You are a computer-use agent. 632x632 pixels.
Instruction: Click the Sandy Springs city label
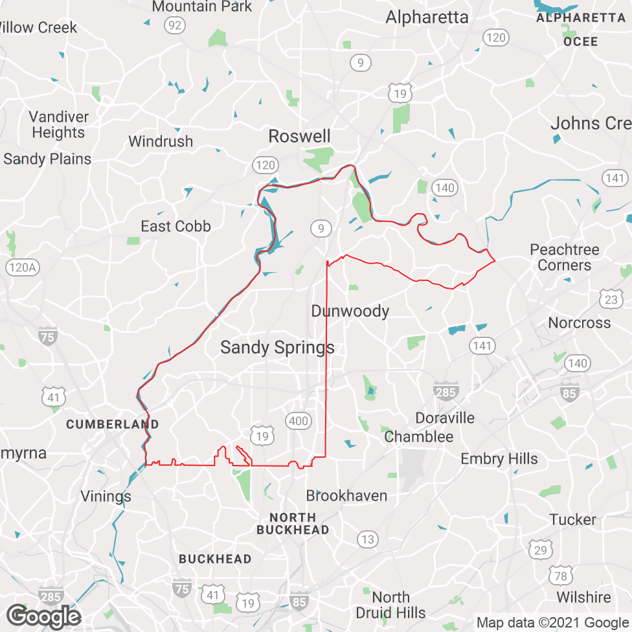point(277,348)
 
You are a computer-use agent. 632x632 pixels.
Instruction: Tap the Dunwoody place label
point(350,311)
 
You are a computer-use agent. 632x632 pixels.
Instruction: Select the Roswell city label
point(299,137)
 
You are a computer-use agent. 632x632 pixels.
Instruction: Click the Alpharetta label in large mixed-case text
point(427,17)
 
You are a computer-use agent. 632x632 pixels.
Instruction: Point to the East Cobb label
point(175,227)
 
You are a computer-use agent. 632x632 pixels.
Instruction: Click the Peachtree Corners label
point(564,257)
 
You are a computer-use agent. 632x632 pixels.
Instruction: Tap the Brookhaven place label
point(346,496)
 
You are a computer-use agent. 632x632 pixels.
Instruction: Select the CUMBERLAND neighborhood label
point(113,425)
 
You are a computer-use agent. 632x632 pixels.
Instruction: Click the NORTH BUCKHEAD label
point(293,523)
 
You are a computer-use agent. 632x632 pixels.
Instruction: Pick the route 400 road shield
point(299,422)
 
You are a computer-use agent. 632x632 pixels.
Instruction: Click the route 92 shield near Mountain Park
point(174,25)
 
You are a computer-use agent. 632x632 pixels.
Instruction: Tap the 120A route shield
point(22,267)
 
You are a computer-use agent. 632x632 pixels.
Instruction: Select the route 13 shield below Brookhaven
point(368,539)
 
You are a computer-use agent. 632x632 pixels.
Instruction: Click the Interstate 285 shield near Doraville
point(446,390)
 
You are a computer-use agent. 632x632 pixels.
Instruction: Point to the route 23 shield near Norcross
point(610,299)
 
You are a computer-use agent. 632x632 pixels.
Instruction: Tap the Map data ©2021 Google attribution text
point(552,623)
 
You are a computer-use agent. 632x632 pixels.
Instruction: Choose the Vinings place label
point(106,497)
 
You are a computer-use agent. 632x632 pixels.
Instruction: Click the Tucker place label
point(572,520)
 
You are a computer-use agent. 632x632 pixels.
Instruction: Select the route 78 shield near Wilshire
point(561,576)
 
